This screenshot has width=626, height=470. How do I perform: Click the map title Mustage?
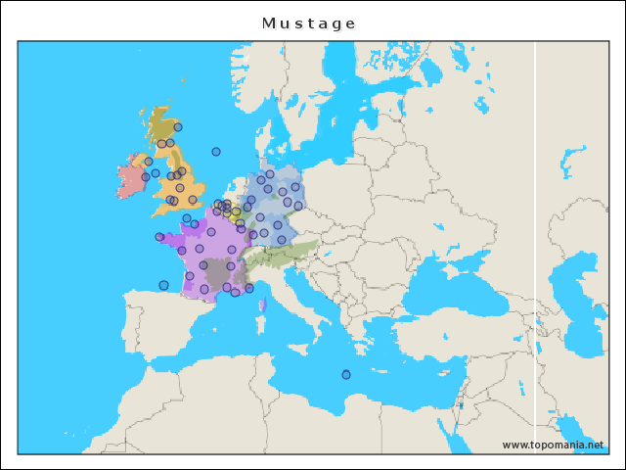pos(309,23)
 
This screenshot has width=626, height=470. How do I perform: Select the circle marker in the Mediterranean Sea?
pos(346,375)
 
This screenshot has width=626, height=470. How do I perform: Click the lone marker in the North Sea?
pos(216,152)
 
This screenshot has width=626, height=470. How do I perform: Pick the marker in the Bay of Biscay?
pos(163,286)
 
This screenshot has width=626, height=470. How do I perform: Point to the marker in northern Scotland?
pos(178,127)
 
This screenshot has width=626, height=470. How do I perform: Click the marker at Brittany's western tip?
pos(159,237)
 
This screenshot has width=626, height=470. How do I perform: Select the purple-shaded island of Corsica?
pos(262,305)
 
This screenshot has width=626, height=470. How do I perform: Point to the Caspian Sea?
pos(587,294)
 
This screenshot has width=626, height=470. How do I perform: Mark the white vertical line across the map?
pos(535,245)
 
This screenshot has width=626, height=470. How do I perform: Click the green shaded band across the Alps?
pos(284,252)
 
